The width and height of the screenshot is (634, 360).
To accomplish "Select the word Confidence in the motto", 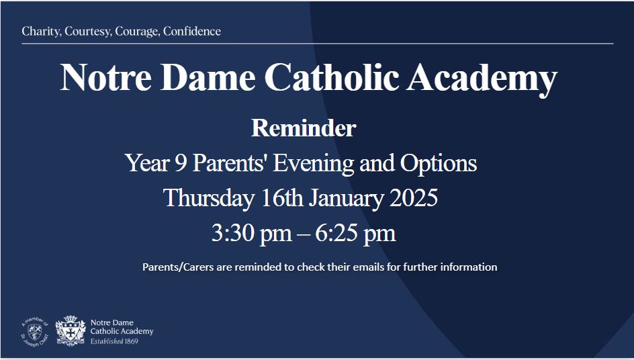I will pyautogui.click(x=191, y=32).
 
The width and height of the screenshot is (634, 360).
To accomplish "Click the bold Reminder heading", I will pyautogui.click(x=303, y=128).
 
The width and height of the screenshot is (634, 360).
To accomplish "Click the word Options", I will pyautogui.click(x=439, y=163).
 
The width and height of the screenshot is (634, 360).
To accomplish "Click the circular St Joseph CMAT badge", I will pyautogui.click(x=35, y=330).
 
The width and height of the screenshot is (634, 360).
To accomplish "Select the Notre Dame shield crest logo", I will pyautogui.click(x=70, y=330).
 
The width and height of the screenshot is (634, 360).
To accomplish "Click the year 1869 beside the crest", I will pyautogui.click(x=130, y=341).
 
